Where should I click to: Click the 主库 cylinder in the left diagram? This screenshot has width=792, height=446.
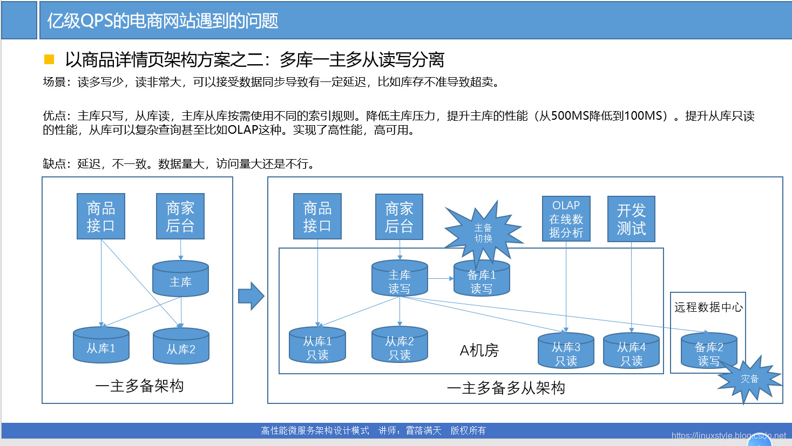coord(180,279)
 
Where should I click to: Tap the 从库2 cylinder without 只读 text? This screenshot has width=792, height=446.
coord(181,346)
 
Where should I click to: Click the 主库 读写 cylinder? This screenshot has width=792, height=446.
coord(400,279)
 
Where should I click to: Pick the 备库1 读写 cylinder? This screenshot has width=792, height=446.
coord(482,279)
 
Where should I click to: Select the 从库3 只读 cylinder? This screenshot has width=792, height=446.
coord(566,351)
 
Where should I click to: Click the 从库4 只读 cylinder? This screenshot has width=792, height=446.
coord(631,351)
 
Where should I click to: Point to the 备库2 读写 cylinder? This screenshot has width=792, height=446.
coord(709,351)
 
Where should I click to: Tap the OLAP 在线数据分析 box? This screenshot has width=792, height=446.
coord(566,218)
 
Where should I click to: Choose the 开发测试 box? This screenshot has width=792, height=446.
coord(631,218)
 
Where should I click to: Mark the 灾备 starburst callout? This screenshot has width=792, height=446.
coord(749,379)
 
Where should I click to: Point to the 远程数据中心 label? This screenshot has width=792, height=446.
coord(708,307)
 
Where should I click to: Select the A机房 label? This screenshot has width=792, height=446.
coord(479,351)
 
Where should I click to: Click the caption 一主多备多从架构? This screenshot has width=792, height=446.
coord(506,388)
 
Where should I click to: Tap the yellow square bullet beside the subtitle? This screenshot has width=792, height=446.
coord(49,59)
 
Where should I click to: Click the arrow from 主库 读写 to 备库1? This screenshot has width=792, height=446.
coord(441,279)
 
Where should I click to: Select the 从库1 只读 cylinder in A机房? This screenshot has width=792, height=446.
coord(317,346)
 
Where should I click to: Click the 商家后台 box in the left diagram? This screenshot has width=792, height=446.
coord(180,216)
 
